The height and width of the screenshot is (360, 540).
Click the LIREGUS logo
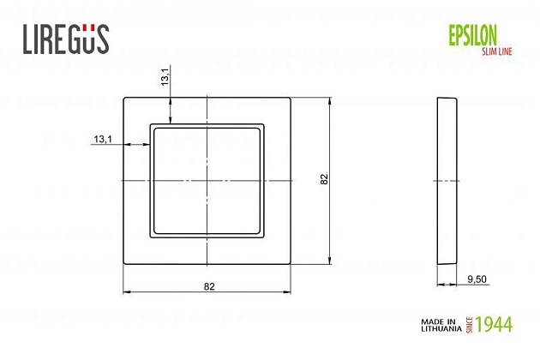coord(64,39)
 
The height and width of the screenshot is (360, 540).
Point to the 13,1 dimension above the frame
coord(165,78)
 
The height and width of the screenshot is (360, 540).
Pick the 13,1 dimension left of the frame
coord(103,139)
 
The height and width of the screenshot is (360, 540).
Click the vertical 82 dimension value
coord(323,181)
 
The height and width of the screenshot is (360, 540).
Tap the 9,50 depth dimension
coord(477,278)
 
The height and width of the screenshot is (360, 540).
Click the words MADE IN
coord(438,321)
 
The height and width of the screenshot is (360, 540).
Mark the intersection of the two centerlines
coord(207,181)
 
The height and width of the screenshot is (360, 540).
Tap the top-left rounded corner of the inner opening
coord(153,127)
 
